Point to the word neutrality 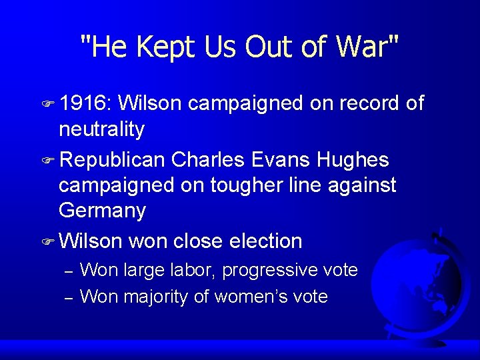point(101,129)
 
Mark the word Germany point(102,211)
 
